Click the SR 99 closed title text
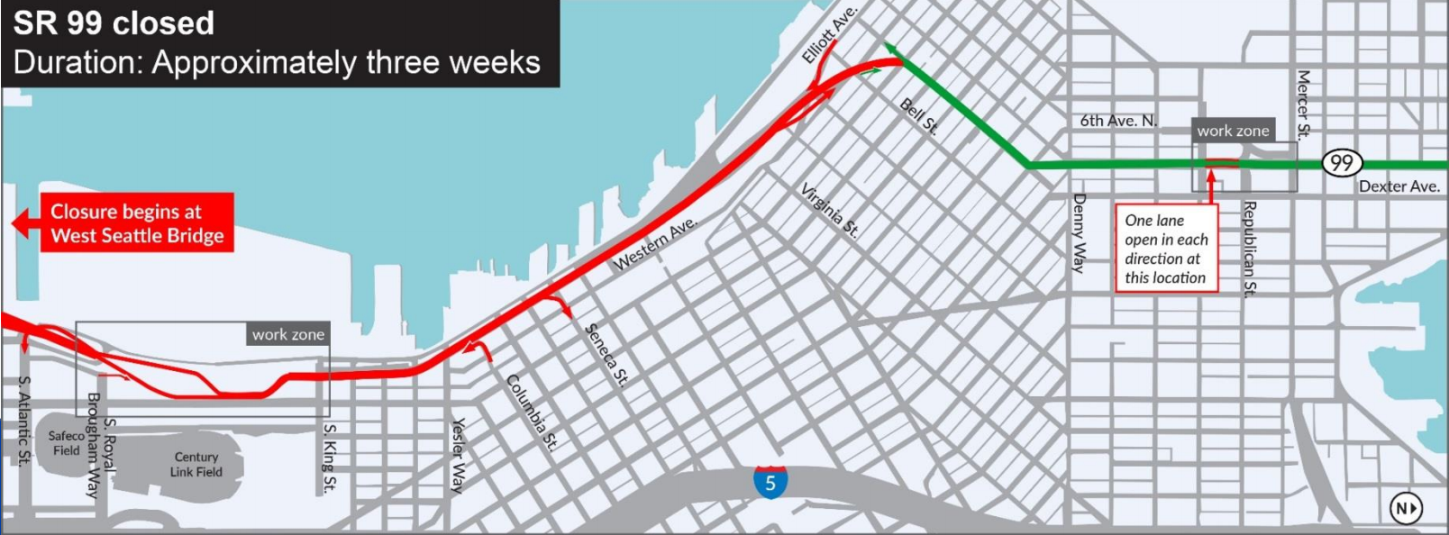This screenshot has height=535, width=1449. (114, 23)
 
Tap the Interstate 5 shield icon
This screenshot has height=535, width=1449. (770, 482)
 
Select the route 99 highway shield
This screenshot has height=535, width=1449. (1342, 163)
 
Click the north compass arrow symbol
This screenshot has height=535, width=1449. (1406, 508)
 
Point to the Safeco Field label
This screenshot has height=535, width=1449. (66, 443)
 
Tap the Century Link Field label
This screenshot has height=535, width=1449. (196, 464)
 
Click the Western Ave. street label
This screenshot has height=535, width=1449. (655, 243)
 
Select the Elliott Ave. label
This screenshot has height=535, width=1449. (829, 34)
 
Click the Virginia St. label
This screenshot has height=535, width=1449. (829, 210)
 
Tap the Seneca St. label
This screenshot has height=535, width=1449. (607, 355)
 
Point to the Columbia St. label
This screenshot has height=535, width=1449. (532, 413)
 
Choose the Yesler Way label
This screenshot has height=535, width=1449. (459, 456)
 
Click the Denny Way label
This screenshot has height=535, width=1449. (1079, 232)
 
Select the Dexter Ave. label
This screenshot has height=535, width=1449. (1399, 186)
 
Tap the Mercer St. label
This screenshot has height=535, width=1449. (1303, 104)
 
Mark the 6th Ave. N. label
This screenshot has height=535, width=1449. (1118, 121)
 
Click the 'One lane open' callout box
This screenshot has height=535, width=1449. (1166, 248)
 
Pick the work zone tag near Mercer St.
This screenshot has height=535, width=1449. (1233, 131)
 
